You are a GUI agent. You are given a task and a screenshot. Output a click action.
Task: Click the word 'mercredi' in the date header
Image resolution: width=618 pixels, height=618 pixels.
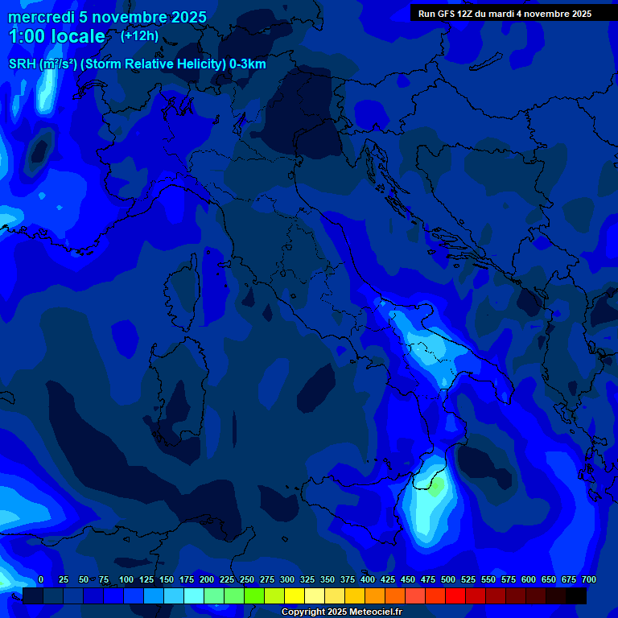point(39,17)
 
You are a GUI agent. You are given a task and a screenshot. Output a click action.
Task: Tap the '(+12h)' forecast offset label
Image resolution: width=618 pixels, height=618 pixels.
point(139,35)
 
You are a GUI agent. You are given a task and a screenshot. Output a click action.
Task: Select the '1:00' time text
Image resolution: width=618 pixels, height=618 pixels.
point(27,36)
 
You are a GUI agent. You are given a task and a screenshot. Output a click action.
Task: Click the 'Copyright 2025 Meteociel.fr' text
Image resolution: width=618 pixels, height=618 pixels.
point(341,612)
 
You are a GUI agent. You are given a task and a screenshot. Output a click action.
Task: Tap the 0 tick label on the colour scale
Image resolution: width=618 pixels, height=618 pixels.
point(40,579)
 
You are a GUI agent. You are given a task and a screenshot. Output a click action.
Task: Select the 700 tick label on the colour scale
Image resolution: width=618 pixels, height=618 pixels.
point(588,579)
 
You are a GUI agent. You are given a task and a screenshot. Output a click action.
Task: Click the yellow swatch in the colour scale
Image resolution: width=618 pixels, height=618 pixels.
point(295,596)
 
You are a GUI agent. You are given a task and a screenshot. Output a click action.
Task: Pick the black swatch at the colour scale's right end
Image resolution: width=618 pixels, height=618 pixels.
point(576,596)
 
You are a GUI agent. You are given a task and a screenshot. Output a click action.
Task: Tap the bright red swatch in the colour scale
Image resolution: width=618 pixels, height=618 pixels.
point(455,596)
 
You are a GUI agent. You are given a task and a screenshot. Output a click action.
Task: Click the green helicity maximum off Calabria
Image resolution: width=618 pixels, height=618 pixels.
point(435,487)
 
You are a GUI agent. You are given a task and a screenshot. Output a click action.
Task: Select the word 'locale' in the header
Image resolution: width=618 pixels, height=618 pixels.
point(77,36)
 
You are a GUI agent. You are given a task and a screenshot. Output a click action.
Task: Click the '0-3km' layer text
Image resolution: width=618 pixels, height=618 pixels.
point(248,64)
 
